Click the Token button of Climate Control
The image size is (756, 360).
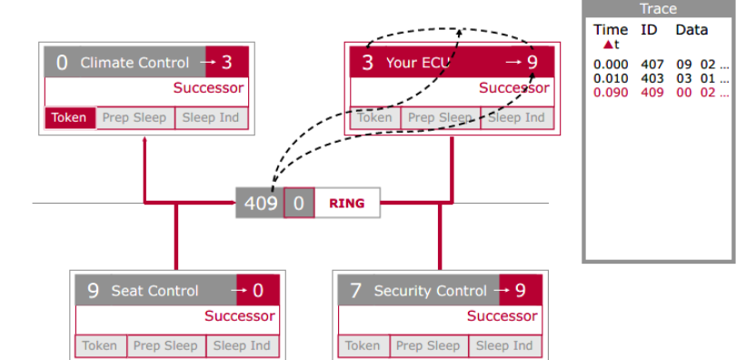(x=70, y=118)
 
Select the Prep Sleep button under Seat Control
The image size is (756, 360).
(x=166, y=346)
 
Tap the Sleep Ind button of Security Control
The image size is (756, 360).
(x=503, y=346)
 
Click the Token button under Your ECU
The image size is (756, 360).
(x=375, y=118)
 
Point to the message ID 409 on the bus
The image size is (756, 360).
(x=261, y=203)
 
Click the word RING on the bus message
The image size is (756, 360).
(x=347, y=203)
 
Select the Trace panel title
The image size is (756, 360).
(x=658, y=9)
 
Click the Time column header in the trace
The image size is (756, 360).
(x=611, y=30)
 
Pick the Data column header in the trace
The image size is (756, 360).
(x=691, y=30)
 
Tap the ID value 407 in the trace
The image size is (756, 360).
(x=652, y=65)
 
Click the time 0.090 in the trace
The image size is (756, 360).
(x=611, y=92)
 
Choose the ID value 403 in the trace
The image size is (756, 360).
(x=652, y=78)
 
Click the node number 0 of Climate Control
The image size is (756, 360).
(x=62, y=63)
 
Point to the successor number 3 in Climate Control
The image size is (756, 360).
(x=226, y=62)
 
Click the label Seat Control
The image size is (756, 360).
(x=154, y=291)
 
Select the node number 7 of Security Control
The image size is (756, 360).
(x=355, y=291)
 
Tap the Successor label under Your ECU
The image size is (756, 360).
(x=514, y=88)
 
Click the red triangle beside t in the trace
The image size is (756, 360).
(x=608, y=45)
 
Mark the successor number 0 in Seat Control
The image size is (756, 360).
(x=258, y=291)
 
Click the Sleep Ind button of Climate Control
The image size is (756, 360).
(x=211, y=118)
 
